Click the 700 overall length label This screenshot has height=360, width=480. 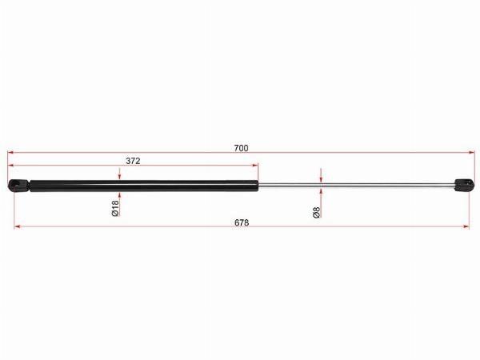(242, 148)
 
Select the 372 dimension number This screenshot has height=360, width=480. (133, 161)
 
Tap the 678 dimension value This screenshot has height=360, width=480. (242, 223)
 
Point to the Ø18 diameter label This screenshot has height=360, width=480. (115, 208)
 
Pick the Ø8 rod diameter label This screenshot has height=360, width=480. (317, 212)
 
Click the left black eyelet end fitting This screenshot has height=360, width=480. (19, 186)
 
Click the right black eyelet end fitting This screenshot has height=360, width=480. (464, 185)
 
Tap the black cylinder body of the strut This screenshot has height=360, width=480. (144, 186)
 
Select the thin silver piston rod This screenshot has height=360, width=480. (356, 185)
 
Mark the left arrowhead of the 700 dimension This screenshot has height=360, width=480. (10, 152)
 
